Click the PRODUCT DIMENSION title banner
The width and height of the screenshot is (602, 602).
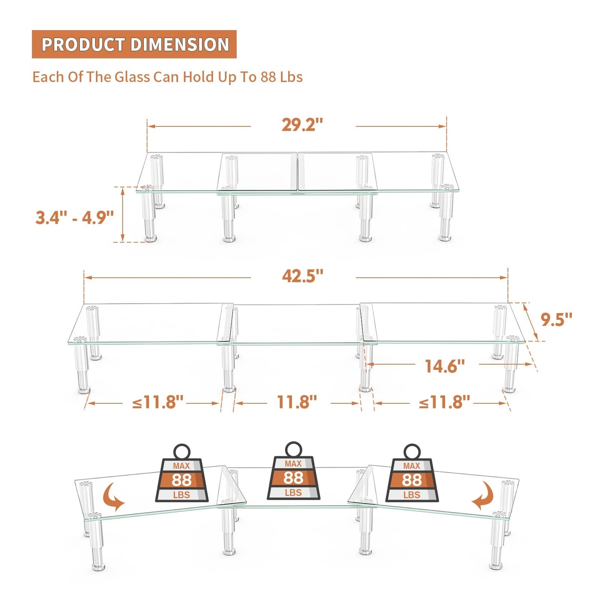click(x=134, y=44)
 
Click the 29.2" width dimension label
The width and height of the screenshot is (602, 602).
click(x=302, y=125)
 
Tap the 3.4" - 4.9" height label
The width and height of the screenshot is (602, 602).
click(x=74, y=218)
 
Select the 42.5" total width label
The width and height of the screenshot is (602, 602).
click(x=303, y=276)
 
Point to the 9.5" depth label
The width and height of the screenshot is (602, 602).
click(x=556, y=319)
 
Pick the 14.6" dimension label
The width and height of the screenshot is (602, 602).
click(x=445, y=366)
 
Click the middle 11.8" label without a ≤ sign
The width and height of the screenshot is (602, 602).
click(x=297, y=402)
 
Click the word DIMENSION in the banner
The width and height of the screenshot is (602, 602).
click(x=180, y=44)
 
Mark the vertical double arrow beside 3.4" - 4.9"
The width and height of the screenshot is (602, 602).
click(x=123, y=214)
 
